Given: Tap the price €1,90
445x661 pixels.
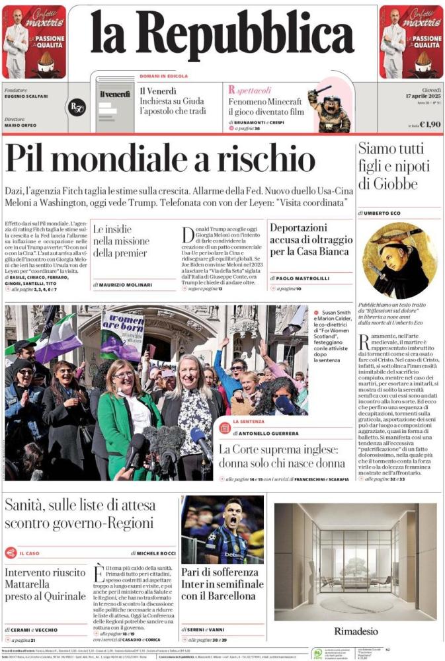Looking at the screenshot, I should [x=430, y=124].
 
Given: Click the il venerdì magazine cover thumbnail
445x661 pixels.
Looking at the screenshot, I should [x=115, y=104].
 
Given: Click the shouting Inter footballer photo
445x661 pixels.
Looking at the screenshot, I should [x=222, y=529].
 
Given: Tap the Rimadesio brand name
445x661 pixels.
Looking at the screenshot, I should [x=355, y=631].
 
